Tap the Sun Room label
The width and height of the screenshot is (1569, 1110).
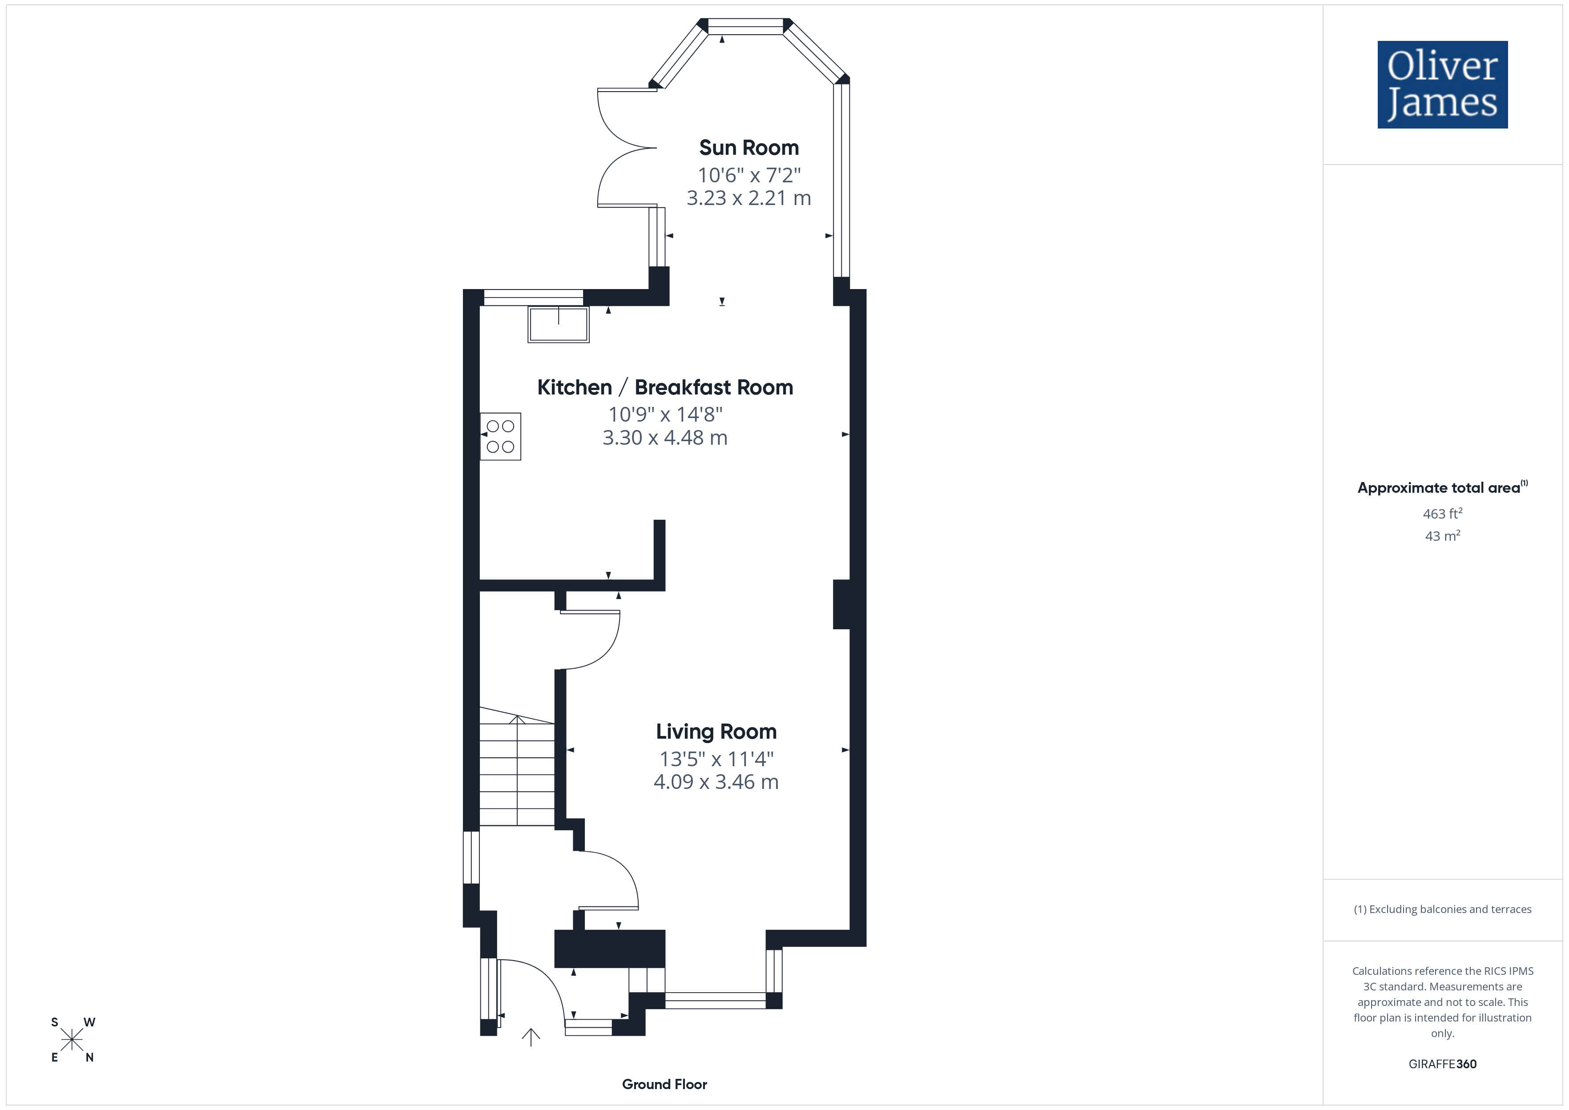(x=749, y=148)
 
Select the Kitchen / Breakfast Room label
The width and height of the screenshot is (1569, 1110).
(x=665, y=387)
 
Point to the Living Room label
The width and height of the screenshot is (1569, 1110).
(x=716, y=732)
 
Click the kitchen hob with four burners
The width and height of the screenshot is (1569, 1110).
(x=500, y=436)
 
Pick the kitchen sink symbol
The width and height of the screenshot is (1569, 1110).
(x=558, y=324)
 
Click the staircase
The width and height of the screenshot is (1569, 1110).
(x=517, y=766)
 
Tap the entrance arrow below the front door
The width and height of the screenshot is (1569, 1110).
(x=531, y=1037)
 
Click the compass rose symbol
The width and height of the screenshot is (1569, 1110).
(x=72, y=1040)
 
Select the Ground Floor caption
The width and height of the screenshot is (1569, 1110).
(x=664, y=1084)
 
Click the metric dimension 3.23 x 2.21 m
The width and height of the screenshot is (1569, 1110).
(x=749, y=198)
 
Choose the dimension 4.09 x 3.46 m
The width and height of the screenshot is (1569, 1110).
(x=716, y=782)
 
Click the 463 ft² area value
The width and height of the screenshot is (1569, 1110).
(x=1443, y=513)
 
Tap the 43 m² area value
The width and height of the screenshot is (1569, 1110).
(x=1443, y=536)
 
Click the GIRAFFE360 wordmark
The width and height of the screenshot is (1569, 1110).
(x=1443, y=1063)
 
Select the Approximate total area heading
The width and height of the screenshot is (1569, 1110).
(x=1443, y=487)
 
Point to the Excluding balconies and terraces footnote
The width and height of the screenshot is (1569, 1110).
(x=1443, y=909)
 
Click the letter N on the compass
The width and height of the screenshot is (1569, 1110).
(x=89, y=1058)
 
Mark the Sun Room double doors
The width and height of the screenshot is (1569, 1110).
(x=626, y=148)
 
